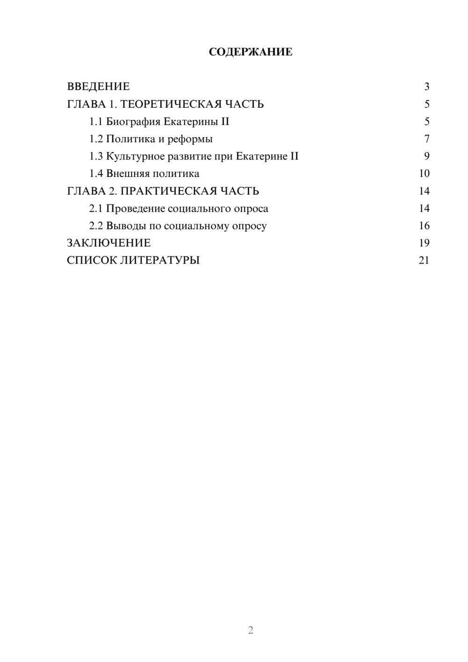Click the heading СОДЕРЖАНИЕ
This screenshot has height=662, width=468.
[250, 52]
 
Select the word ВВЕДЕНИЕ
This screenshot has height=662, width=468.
[98, 87]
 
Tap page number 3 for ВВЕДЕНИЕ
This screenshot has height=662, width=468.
[427, 87]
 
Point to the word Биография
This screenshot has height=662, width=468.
[133, 122]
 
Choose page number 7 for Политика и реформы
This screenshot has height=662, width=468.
[427, 139]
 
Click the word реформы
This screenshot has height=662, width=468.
[190, 139]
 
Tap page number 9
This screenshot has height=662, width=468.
[427, 156]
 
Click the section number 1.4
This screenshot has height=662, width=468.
[96, 174]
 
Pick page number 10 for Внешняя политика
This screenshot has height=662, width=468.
[424, 174]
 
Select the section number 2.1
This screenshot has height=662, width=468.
[96, 208]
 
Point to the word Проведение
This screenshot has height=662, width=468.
[135, 208]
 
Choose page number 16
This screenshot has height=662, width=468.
[424, 226]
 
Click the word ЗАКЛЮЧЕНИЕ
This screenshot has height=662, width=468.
[109, 243]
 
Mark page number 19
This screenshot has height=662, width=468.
[424, 243]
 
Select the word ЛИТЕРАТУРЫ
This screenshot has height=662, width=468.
[160, 260]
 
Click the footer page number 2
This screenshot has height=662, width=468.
[250, 630]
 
